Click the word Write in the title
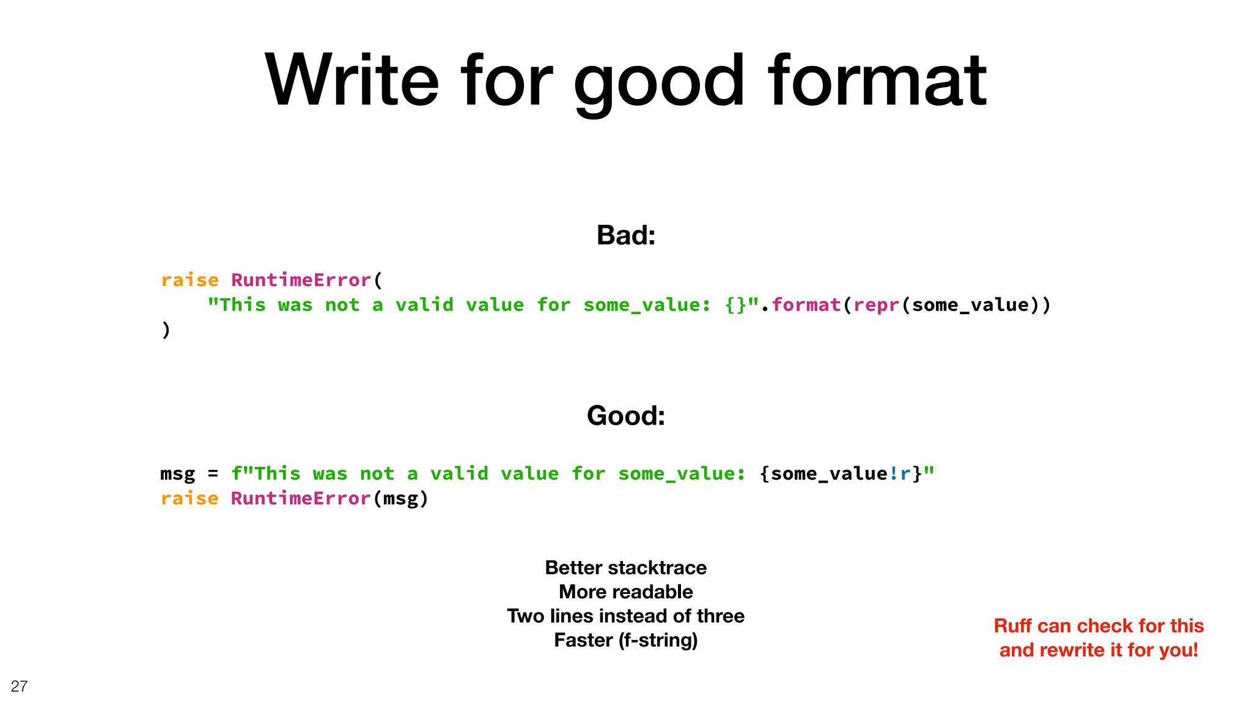pos(352,81)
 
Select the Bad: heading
pos(625,235)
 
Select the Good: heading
pos(625,416)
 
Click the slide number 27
pos(19,686)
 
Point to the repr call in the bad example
pos(876,305)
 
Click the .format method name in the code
pos(806,305)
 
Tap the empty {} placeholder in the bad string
pos(735,305)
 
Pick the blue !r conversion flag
pos(899,474)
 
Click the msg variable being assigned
pos(177,474)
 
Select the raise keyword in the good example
pos(190,499)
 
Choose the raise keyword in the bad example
pos(190,280)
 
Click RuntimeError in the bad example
pos(301,280)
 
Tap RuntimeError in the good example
pos(301,499)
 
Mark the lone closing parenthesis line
pos(166,330)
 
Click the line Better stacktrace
pos(625,568)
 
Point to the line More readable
pos(625,592)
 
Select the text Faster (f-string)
pos(625,640)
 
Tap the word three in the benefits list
pos(721,616)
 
